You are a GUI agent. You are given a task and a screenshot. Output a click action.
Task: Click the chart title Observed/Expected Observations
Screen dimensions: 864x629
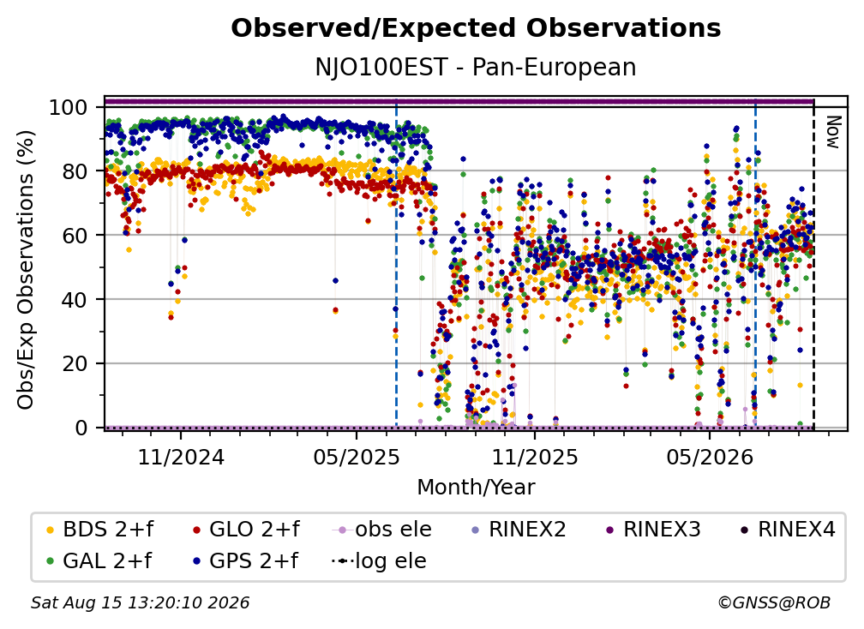(x=476, y=28)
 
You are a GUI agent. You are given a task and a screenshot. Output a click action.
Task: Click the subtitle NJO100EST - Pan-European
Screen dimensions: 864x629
(x=476, y=67)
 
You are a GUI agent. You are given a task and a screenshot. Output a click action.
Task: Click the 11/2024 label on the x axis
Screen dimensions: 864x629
(x=181, y=457)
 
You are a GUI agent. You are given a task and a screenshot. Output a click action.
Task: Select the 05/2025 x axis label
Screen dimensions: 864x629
(x=357, y=457)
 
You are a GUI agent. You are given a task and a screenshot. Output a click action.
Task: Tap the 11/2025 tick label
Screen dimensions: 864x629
(x=535, y=457)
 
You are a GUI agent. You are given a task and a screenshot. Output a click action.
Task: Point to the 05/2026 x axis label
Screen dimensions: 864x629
(x=710, y=457)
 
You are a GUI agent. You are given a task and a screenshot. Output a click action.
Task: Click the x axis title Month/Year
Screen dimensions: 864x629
(x=476, y=488)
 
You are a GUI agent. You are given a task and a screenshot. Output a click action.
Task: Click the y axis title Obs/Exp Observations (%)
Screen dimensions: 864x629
(x=26, y=269)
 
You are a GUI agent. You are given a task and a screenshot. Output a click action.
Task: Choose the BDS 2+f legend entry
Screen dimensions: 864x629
(x=100, y=530)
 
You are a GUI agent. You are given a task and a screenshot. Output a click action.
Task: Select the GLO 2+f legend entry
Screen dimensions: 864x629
(x=246, y=530)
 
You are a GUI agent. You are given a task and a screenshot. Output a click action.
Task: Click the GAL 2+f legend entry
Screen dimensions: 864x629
(x=99, y=560)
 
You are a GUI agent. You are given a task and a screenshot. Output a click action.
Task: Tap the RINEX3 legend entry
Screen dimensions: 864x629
(x=653, y=530)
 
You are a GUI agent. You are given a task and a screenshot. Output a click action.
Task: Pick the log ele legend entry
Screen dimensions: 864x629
(x=379, y=560)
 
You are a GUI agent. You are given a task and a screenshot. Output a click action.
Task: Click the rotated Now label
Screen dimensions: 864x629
(x=833, y=132)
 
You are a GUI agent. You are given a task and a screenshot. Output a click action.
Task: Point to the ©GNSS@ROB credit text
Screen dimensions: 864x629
(x=774, y=602)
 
